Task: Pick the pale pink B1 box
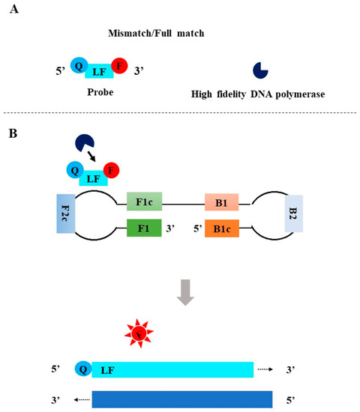coord(223,202)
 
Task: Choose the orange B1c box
coord(223,228)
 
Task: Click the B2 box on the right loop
coord(293,213)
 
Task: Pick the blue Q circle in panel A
coord(79,65)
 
